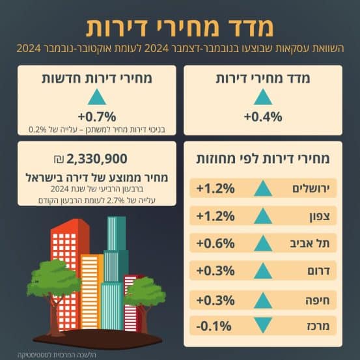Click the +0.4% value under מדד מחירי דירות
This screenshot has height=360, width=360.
263,117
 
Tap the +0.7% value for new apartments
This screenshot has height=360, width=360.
97,117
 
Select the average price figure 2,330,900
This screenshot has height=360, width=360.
96,159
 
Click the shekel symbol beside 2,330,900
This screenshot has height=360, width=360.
59,159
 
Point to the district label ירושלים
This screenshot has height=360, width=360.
311,188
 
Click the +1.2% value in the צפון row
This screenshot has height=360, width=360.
215,216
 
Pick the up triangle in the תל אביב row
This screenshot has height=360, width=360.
263,243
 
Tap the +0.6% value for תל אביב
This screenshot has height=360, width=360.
215,243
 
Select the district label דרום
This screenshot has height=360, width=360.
318,271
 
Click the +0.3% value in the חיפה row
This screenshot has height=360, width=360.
215,300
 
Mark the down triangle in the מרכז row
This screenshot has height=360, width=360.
263,325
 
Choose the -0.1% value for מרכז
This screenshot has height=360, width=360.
214,326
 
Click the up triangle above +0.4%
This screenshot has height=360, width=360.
263,98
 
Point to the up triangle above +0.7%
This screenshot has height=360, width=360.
97,98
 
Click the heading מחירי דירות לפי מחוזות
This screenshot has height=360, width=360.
263,159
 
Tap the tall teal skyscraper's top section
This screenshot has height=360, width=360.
117,233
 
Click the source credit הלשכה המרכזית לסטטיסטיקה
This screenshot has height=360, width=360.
57,355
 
